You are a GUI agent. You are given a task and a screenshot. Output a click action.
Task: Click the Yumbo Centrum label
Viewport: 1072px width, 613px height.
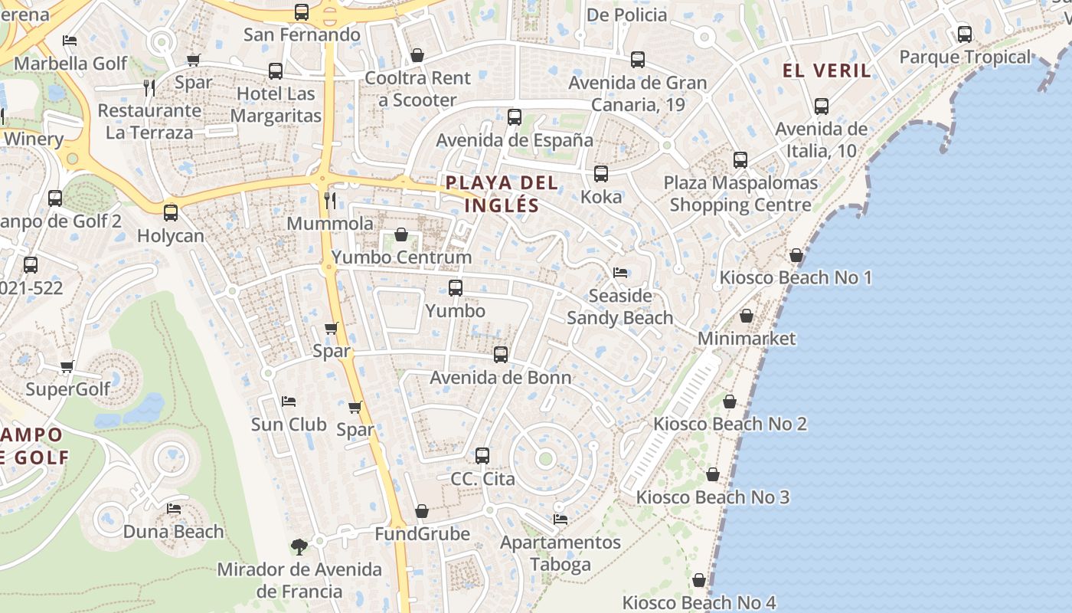[x=401, y=257]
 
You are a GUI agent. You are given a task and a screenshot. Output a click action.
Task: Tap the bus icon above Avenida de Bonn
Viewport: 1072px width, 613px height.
[x=501, y=355]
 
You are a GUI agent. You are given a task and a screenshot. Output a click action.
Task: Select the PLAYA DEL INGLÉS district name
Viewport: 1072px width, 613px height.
[x=502, y=194]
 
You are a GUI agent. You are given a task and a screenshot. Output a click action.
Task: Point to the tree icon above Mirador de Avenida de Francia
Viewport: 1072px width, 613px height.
[x=299, y=547]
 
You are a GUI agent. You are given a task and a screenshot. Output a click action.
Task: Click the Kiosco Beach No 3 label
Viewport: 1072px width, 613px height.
[x=712, y=497]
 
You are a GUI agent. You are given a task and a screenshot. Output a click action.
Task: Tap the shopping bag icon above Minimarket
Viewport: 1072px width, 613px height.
[x=747, y=316]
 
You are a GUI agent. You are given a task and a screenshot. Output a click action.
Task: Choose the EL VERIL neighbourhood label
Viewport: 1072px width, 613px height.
[x=826, y=70]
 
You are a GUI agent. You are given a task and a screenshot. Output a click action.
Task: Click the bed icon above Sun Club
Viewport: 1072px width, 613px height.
[x=289, y=402]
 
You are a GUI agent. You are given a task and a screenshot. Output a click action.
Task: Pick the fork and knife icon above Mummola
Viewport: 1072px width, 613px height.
[x=330, y=201]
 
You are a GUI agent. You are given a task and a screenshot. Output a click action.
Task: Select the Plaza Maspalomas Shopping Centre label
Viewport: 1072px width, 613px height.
[x=740, y=194]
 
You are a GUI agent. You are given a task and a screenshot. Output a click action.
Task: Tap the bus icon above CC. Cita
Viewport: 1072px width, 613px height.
[x=482, y=456]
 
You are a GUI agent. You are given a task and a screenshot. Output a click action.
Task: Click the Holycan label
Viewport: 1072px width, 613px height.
[x=171, y=235]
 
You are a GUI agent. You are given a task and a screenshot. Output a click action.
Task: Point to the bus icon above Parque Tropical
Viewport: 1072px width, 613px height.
[x=965, y=34]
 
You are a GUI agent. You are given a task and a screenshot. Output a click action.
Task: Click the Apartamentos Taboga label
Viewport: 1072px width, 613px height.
[x=561, y=553]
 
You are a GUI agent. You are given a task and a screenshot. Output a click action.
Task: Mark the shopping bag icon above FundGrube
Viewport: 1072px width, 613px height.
[x=422, y=511]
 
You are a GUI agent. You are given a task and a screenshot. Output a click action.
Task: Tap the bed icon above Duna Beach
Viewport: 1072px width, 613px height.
[x=174, y=509]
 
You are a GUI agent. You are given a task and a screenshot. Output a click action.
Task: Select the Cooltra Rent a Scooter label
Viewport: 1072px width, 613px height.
[x=417, y=89]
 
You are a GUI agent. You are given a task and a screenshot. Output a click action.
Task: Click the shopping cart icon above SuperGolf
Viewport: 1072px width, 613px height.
[x=67, y=367]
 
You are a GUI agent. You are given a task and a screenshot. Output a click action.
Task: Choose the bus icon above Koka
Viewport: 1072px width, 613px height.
[x=601, y=174]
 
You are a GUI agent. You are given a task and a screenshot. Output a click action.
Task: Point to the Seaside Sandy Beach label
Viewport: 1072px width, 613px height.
[x=619, y=306]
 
